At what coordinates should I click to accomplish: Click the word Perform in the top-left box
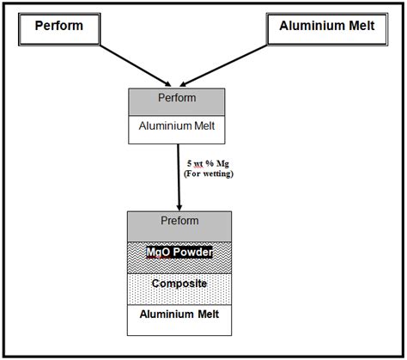click(x=58, y=26)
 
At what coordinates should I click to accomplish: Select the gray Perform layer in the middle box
click(x=177, y=101)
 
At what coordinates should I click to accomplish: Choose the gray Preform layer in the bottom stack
click(x=179, y=223)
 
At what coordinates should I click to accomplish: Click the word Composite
click(x=179, y=284)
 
